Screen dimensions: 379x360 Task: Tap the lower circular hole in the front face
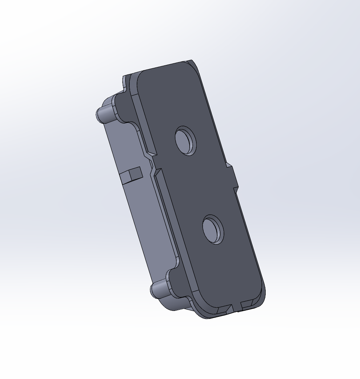[x=213, y=230]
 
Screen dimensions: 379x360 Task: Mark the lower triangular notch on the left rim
[x=156, y=172]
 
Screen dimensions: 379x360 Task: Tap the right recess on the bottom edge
[x=247, y=304]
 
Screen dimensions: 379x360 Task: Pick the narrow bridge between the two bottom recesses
[x=235, y=307]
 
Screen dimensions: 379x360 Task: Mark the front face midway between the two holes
[x=199, y=185]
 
